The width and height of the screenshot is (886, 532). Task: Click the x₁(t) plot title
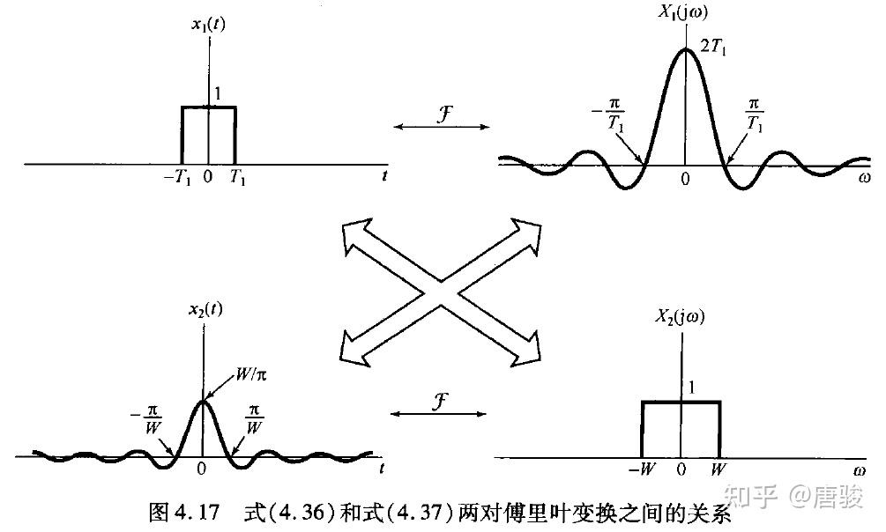coord(208,26)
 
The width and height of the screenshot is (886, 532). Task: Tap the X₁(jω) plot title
coord(683,11)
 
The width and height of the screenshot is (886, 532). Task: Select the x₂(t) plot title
coord(205,310)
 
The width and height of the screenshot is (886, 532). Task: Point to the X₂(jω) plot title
coord(680,316)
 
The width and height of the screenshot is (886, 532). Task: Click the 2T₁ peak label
coord(714,47)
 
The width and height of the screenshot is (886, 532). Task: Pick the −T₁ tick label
coord(177,177)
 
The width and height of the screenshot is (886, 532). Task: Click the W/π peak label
coord(251,374)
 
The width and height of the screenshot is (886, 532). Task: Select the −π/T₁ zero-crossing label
coord(608,115)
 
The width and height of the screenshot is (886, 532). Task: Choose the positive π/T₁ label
coord(755,115)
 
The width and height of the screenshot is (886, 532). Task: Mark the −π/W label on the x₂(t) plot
coord(146,419)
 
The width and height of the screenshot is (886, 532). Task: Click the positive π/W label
coord(254,419)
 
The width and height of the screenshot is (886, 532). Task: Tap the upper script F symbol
coord(444,114)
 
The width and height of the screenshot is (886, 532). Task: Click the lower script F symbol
coord(440,401)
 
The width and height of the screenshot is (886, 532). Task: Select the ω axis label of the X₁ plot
coord(864,179)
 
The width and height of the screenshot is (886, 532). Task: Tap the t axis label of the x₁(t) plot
coord(384,175)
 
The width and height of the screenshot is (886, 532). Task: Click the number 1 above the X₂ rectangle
coord(691,388)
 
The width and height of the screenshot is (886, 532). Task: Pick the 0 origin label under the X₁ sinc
coord(685,179)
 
